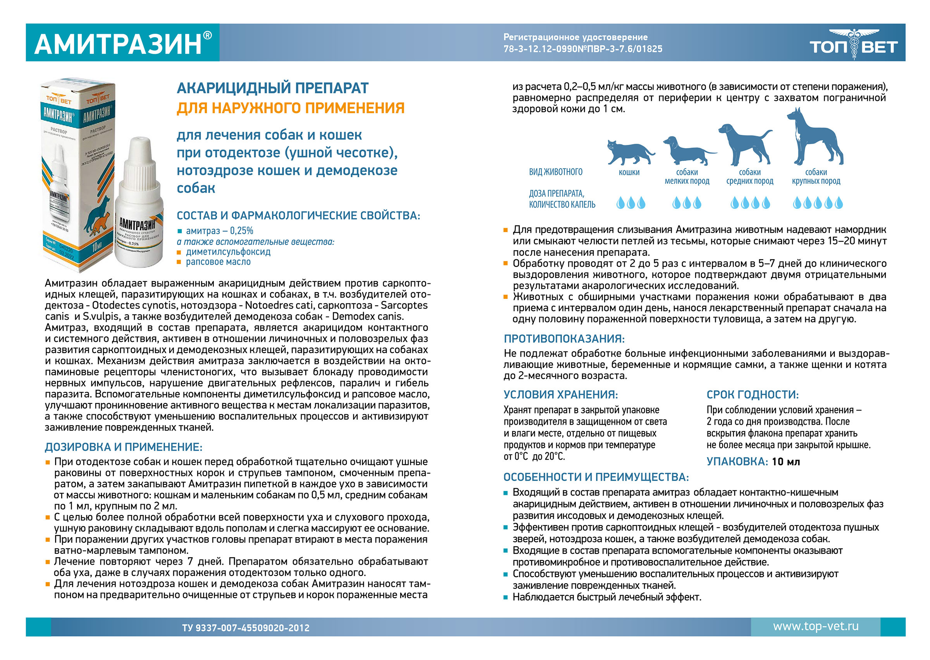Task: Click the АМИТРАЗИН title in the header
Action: [118, 44]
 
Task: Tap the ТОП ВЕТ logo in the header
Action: [853, 45]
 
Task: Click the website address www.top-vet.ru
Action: [815, 626]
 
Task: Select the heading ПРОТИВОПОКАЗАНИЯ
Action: [564, 339]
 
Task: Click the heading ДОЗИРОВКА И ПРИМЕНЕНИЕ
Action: [124, 447]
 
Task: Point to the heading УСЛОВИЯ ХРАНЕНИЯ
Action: [560, 395]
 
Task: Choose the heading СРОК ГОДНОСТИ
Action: [753, 395]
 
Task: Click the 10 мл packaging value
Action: [786, 462]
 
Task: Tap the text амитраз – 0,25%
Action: [219, 231]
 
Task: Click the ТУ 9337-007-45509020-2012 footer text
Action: [245, 628]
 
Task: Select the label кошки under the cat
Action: [629, 172]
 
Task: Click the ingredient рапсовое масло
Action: [218, 262]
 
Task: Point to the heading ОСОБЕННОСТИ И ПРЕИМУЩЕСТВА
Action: [596, 477]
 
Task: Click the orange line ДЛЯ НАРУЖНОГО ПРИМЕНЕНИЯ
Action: [291, 108]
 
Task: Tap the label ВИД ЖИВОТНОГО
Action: [555, 172]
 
